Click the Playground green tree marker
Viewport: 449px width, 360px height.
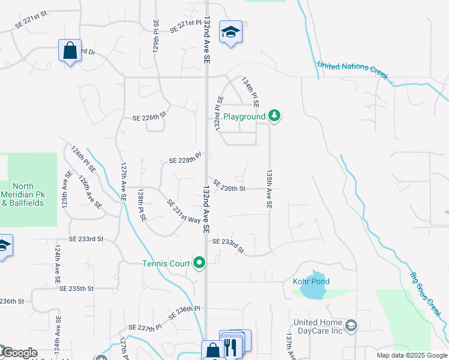(x=274, y=115)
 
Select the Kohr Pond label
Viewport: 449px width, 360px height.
(x=312, y=281)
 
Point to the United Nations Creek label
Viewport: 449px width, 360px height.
(x=352, y=70)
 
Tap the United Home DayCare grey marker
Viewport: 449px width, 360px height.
(x=351, y=326)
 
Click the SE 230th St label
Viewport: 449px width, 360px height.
(x=229, y=188)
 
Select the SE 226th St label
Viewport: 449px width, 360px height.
(x=149, y=118)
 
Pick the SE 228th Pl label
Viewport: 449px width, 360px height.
(x=184, y=160)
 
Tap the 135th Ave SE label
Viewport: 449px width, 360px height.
(x=270, y=188)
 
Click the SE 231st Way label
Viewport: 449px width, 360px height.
(x=184, y=211)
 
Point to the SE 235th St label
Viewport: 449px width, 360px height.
(x=77, y=289)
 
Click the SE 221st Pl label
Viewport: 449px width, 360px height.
(x=186, y=26)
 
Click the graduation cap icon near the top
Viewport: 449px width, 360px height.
(x=231, y=32)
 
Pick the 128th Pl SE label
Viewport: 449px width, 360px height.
(x=142, y=206)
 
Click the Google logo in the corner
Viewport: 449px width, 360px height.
(x=19, y=353)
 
